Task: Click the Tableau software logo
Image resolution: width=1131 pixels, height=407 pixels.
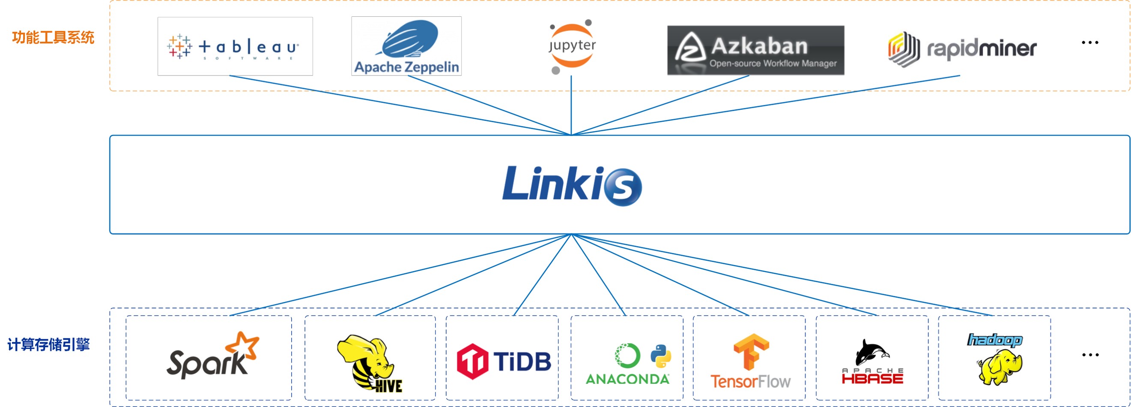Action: coord(235,47)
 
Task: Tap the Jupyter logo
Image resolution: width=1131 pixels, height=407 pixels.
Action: coord(572,46)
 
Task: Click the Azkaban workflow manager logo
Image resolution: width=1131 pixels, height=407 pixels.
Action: coord(755,49)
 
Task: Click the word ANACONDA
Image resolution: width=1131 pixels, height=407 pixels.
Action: coord(627,379)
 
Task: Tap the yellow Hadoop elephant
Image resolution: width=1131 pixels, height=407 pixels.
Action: coord(999,367)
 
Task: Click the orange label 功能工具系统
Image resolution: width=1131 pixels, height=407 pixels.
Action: coord(53,38)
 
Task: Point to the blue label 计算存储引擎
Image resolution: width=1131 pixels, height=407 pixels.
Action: coord(48,344)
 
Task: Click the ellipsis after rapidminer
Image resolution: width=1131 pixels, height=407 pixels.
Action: coord(1090,42)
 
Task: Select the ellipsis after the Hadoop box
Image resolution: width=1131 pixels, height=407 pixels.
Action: coord(1090,355)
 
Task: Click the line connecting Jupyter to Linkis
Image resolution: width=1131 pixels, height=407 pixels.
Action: coord(571,106)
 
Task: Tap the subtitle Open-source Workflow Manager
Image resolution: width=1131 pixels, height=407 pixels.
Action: coord(773,64)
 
